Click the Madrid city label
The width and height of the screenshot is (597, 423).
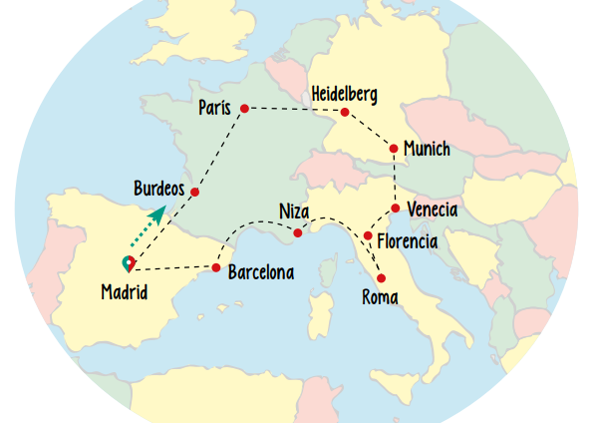125,292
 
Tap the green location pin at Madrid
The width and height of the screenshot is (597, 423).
128,263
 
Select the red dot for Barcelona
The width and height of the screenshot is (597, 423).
216,267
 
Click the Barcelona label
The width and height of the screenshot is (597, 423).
260,271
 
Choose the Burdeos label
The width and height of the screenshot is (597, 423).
159,188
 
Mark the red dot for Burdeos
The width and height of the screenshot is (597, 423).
195,192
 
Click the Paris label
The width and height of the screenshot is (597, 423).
214,107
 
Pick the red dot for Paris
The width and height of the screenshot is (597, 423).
244,108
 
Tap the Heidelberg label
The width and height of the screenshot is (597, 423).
344,94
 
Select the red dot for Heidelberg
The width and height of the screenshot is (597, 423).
345,112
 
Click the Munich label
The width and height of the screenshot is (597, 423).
428,150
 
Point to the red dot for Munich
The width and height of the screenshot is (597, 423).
394,149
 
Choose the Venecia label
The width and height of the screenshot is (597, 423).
433,210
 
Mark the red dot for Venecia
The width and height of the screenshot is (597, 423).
396,209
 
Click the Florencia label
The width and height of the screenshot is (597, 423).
407,240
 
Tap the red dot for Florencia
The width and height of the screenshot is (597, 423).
368,236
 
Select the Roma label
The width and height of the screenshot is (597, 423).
380,296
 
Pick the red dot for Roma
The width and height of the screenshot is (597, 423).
381,278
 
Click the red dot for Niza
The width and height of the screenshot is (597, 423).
298,233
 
